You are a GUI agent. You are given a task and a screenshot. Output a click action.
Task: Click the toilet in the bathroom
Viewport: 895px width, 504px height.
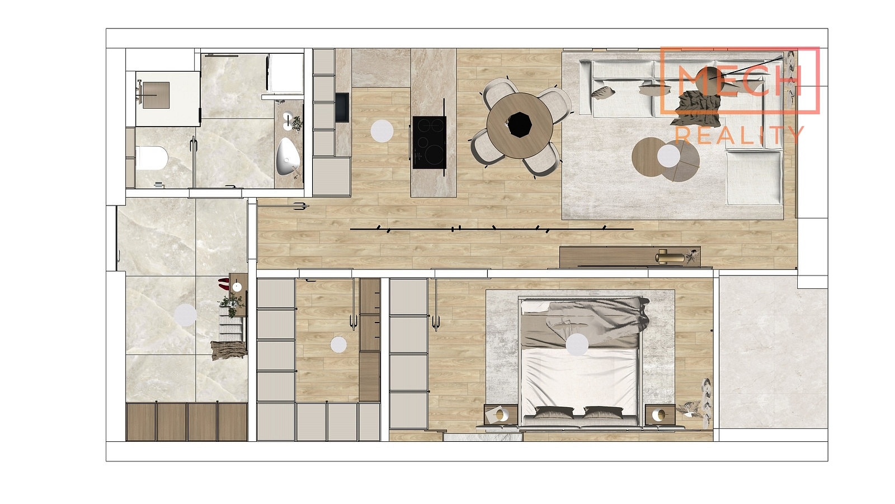(x=152, y=158)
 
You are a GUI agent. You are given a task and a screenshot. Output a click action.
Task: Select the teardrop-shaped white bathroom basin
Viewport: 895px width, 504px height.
(x=287, y=156)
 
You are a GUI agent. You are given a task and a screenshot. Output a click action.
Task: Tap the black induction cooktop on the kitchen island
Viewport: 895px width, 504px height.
(x=430, y=142)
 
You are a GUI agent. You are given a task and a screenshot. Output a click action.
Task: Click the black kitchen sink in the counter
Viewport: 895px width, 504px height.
(x=342, y=107)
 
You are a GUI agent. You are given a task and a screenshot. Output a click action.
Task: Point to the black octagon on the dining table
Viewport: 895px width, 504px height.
(x=520, y=125)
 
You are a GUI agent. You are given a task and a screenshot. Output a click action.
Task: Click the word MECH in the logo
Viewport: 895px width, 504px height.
(x=739, y=82)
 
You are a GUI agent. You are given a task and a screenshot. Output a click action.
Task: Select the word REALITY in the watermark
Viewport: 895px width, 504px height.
(x=739, y=135)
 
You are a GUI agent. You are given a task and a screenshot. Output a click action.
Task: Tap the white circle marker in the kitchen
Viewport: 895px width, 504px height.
(x=382, y=131)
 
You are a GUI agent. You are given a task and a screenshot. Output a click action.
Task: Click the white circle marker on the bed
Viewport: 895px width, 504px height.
(x=577, y=344)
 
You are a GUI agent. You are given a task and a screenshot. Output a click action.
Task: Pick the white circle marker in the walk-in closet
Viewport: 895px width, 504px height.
(x=338, y=344)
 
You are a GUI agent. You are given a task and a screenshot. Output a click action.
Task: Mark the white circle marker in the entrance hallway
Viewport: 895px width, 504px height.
(x=185, y=314)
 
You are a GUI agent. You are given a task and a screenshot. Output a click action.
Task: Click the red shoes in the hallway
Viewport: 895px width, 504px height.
(x=223, y=283)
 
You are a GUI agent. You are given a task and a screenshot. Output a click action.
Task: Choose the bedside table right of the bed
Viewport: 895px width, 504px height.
(x=660, y=415)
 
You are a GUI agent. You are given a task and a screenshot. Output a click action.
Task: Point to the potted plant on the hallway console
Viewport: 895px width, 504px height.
(x=232, y=302)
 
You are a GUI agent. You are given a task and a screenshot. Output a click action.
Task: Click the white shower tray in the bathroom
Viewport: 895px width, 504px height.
(x=167, y=99)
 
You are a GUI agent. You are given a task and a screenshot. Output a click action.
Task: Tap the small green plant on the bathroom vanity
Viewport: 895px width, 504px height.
(x=297, y=124)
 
